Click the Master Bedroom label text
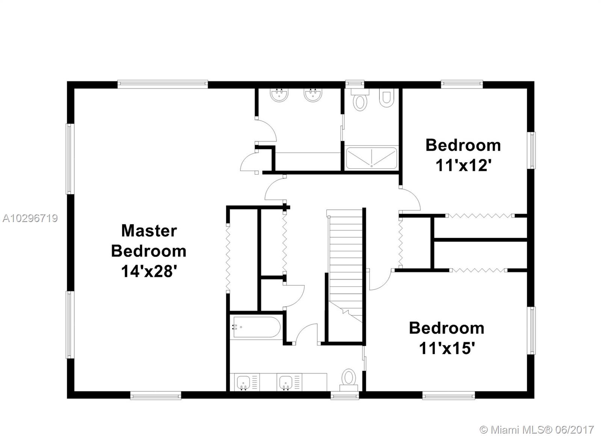(x=149, y=241)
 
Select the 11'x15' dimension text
(x=447, y=348)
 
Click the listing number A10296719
(x=30, y=218)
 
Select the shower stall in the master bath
(x=371, y=158)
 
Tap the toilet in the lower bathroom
(x=349, y=380)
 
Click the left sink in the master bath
(x=279, y=95)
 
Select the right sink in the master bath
(x=313, y=95)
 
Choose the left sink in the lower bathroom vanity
(x=244, y=382)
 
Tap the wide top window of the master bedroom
(x=163, y=84)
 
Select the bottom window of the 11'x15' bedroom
(x=448, y=395)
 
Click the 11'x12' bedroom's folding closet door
(x=480, y=216)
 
